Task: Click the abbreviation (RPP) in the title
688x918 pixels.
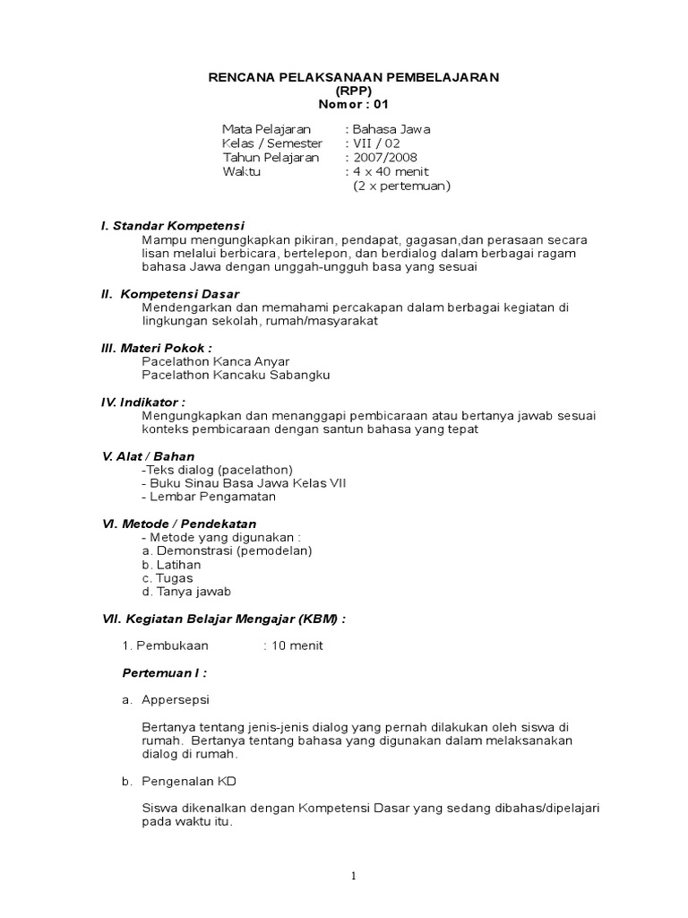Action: click(x=354, y=91)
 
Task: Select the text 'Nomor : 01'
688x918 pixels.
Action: click(x=354, y=104)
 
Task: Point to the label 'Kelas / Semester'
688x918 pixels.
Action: click(x=268, y=143)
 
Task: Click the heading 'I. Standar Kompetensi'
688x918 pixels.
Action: click(x=173, y=225)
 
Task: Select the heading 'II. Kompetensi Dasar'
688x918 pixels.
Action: click(x=169, y=293)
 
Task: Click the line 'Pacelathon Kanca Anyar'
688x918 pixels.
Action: click(x=203, y=361)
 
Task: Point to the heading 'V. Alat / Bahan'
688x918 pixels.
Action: click(x=147, y=456)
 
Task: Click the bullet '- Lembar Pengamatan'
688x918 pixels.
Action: click(x=209, y=497)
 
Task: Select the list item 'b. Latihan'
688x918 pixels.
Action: click(x=171, y=565)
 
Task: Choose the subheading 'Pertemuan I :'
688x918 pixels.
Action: click(x=164, y=672)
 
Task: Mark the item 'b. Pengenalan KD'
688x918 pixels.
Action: click(x=178, y=782)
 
